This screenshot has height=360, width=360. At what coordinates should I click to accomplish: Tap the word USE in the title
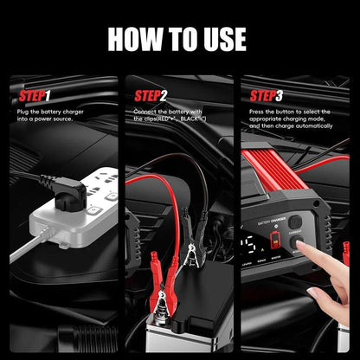point(222,39)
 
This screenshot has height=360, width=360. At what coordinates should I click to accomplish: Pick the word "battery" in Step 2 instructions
point(183,112)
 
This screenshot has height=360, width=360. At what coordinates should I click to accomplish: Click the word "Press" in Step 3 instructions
point(257,112)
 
